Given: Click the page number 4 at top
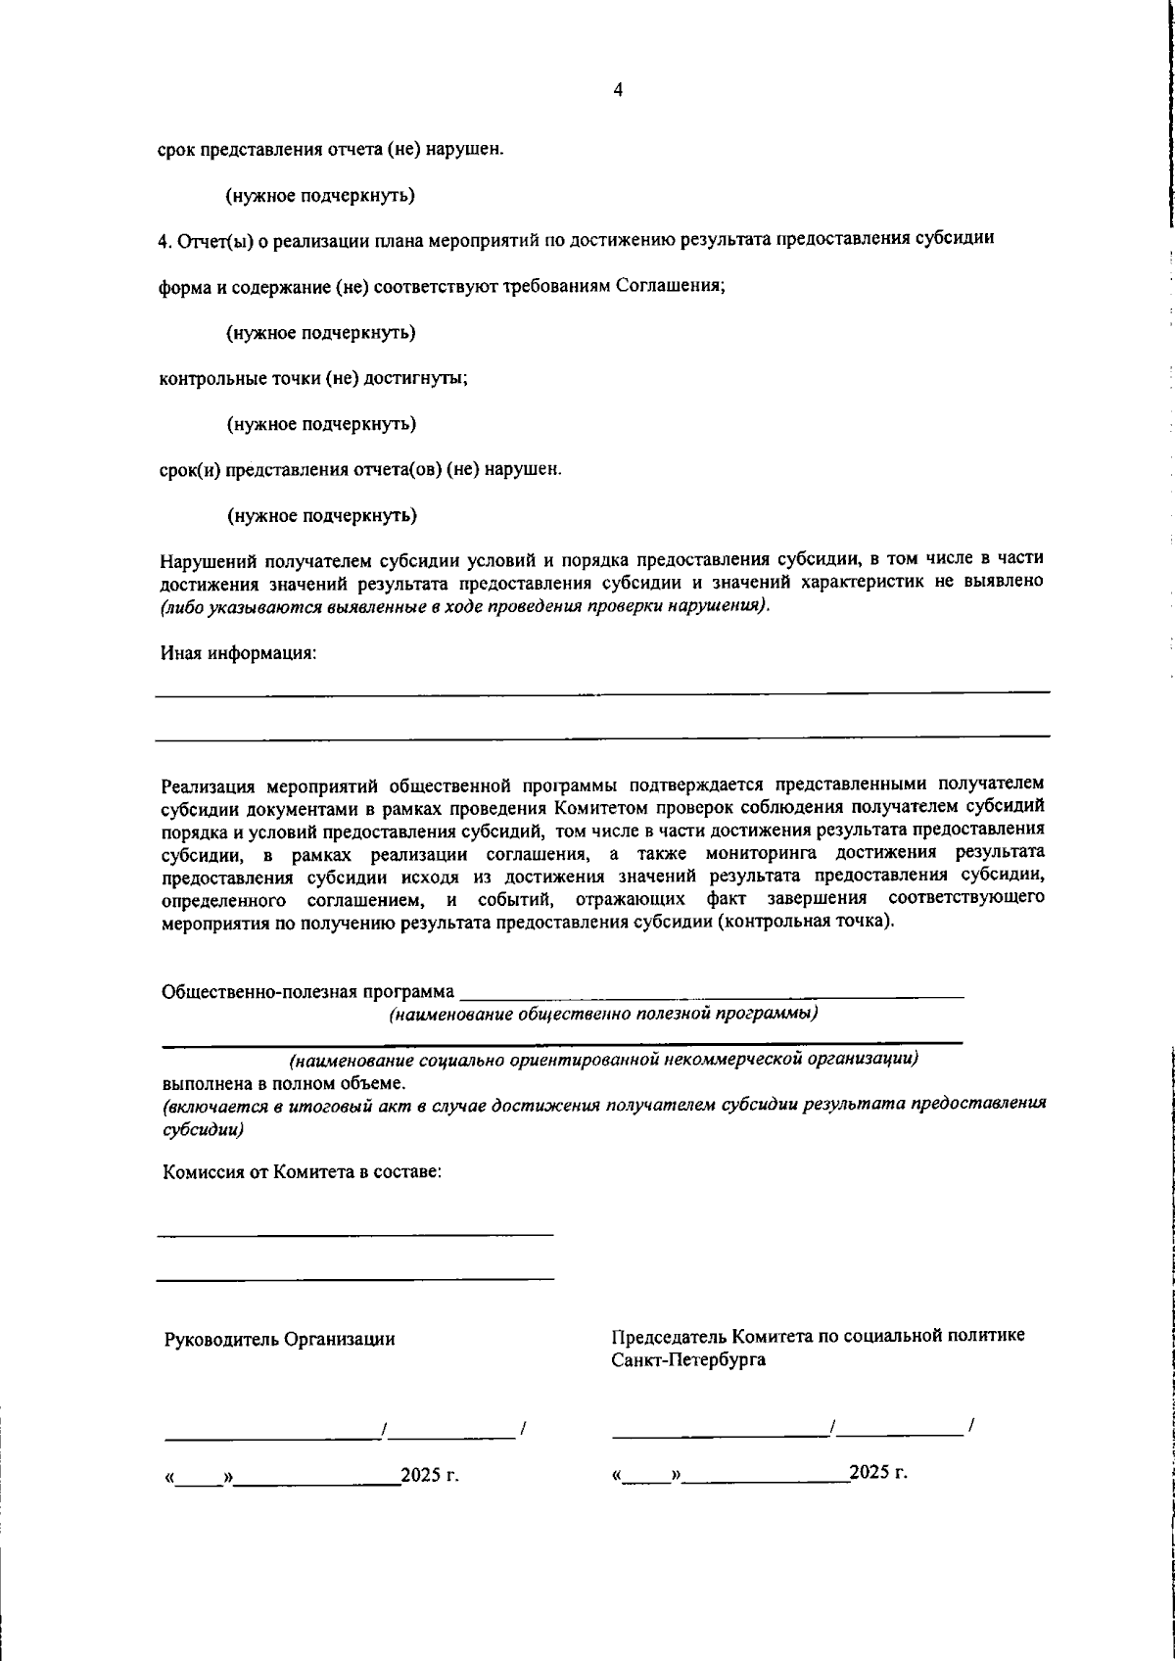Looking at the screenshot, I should point(617,90).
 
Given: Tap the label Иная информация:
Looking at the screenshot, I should point(238,652).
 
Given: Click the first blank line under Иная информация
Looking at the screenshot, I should point(602,692).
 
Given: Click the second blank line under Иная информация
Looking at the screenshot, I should point(602,735).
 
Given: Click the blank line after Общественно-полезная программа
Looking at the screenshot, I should point(712,995).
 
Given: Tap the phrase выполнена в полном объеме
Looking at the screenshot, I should point(283,1083).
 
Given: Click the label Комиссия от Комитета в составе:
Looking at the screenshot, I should point(302,1171).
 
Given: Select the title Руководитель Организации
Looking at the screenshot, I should point(279,1340).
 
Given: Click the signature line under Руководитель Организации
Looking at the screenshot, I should point(272,1436).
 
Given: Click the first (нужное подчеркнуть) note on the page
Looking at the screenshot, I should point(320,196).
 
